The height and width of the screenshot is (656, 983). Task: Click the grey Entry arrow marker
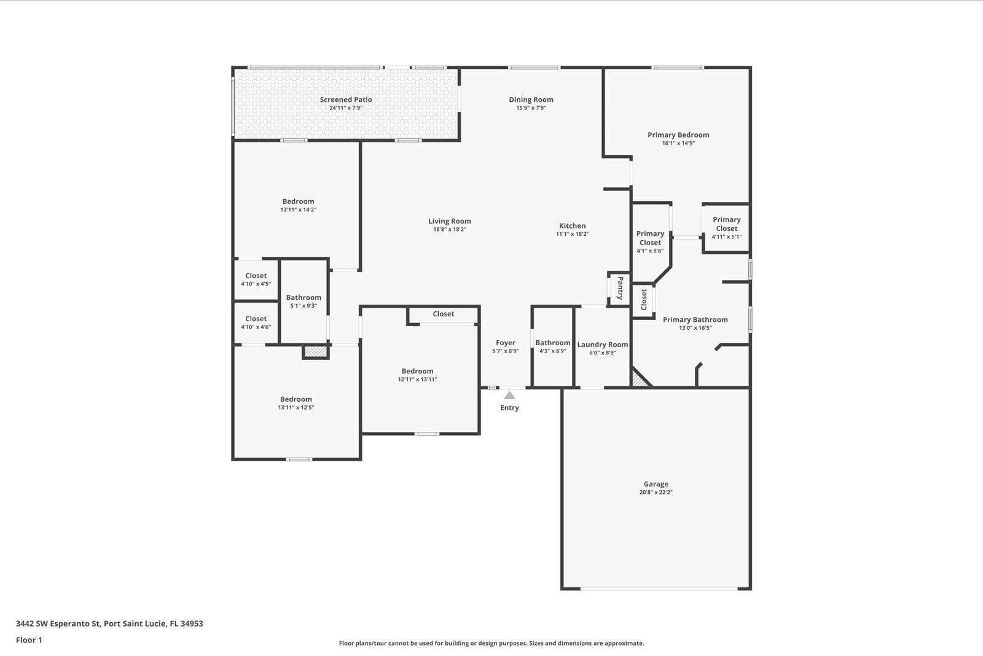pos(509,396)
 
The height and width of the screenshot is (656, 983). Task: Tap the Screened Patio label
pos(346,100)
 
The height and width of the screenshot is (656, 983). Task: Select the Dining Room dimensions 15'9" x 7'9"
pos(531,108)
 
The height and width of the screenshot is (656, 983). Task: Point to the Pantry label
pos(620,288)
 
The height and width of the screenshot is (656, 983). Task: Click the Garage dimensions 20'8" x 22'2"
pos(656,493)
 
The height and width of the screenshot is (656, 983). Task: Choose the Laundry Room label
pos(603,345)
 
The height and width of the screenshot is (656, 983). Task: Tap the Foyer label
pos(506,343)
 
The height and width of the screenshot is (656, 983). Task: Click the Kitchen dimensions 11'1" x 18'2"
pos(572,234)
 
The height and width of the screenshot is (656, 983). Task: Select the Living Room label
pos(449,221)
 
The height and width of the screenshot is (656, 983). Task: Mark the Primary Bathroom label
pos(695,319)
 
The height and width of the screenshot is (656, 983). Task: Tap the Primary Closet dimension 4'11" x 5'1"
pos(727,237)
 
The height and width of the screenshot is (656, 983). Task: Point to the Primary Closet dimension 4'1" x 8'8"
pos(650,251)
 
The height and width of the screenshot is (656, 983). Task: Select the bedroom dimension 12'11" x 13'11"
pos(417,380)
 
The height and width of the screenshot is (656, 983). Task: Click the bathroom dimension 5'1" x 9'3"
pos(304,306)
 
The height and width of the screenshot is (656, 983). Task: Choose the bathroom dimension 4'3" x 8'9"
pos(552,351)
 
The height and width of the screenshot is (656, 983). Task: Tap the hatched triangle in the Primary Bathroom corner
pos(638,380)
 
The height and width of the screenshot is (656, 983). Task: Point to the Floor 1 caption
pos(29,640)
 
